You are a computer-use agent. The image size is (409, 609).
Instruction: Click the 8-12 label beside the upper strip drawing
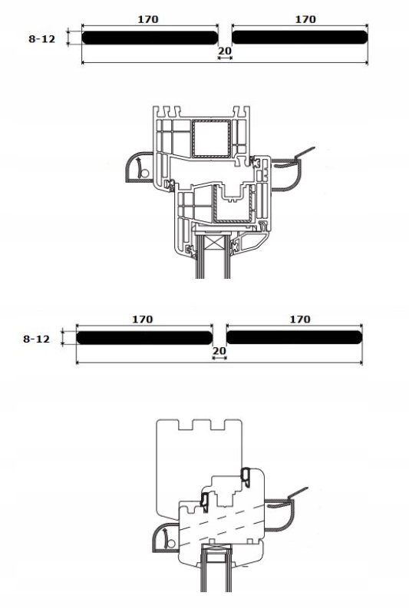point(42,39)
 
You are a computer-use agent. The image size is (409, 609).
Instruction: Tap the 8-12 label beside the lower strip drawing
point(37,339)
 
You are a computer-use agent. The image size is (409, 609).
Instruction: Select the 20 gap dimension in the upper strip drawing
point(225,51)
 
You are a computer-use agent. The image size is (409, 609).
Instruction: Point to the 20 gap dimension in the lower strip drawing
point(219,351)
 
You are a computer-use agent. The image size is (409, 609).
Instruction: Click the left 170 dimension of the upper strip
point(148,19)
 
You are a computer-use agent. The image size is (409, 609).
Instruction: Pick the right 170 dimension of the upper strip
point(305,19)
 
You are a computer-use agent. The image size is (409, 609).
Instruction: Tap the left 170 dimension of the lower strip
point(143,319)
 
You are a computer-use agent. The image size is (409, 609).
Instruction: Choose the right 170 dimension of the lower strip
point(300,319)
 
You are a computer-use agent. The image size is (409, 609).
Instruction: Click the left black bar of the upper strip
point(150,38)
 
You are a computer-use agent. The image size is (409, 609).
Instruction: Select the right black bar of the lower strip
point(294,337)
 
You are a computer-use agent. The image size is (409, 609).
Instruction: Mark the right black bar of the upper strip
point(299,38)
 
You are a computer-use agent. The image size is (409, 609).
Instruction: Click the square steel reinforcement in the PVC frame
point(211,138)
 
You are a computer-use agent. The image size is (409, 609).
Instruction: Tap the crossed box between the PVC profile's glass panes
point(215,246)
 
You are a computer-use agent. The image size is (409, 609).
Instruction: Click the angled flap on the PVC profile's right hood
point(305,153)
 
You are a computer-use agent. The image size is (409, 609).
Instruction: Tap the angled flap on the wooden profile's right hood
point(298,492)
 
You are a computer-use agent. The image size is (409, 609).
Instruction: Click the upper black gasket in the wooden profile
point(246,475)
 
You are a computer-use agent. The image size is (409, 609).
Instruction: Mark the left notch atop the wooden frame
point(186,425)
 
